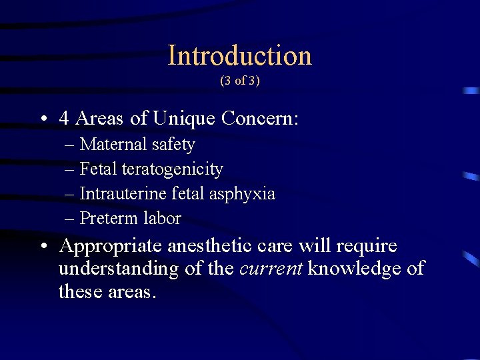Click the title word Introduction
(239, 55)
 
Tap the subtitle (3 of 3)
(240, 81)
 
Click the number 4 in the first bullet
(65, 119)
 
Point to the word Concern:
(260, 119)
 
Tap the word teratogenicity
(172, 170)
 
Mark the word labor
(161, 218)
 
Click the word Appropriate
(110, 247)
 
